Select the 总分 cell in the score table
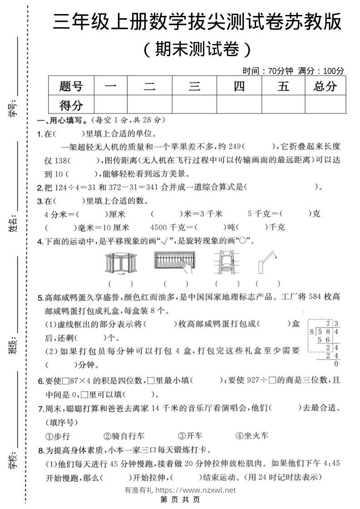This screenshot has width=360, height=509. (x=325, y=86)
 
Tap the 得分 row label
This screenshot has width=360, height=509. (x=71, y=105)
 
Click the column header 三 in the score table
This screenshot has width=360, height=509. (x=194, y=86)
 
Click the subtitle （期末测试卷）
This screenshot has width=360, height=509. (x=197, y=49)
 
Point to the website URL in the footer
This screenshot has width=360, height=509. (x=195, y=490)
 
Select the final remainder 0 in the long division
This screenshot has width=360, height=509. (x=336, y=364)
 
